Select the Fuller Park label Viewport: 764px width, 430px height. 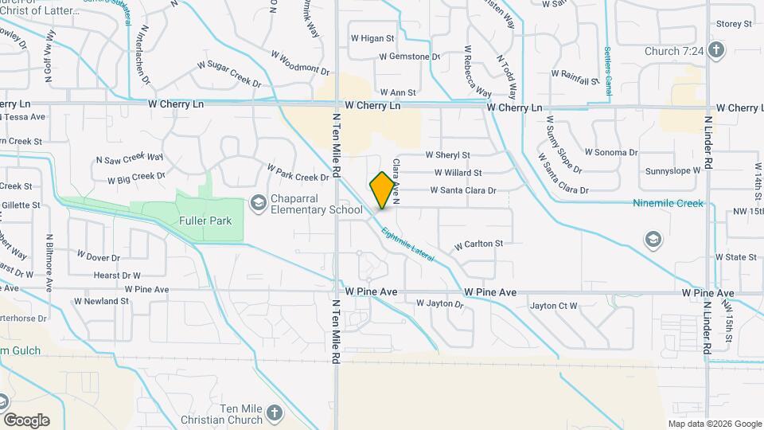pos(205,221)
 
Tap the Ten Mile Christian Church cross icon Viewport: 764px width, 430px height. pos(275,412)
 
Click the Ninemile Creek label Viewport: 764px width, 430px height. pos(668,204)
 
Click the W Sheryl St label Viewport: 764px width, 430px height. pos(448,155)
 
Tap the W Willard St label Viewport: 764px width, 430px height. pos(458,173)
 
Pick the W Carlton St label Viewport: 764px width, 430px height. pos(478,244)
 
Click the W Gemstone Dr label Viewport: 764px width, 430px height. pos(410,57)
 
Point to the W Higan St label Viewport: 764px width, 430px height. pos(372,38)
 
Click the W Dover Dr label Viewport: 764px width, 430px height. pos(98,258)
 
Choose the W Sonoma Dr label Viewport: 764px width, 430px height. pos(611,152)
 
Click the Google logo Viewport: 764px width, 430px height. pos(26,420)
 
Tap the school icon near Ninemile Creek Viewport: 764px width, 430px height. pos(653,239)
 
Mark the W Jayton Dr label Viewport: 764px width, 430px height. pos(439,304)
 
